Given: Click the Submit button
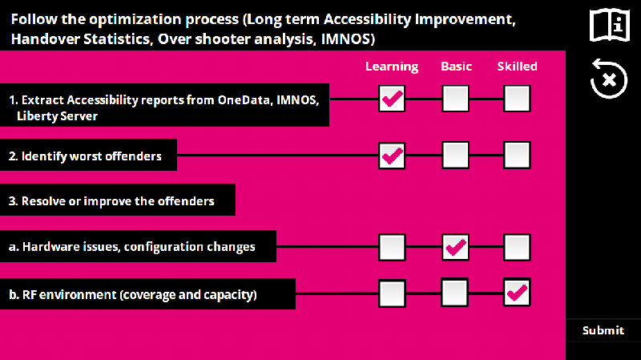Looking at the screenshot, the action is (x=603, y=330).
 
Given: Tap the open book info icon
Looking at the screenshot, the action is (x=610, y=26).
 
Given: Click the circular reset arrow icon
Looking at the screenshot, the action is (x=609, y=79).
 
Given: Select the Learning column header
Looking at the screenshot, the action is (x=392, y=67).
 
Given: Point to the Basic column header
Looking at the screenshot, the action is (x=456, y=67).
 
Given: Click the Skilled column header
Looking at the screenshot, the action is (x=517, y=67).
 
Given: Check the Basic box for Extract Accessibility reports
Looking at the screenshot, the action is (x=455, y=99).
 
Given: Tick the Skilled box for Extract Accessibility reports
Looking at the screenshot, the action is (x=517, y=99).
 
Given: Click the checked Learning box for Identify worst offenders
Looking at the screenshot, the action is (x=392, y=156).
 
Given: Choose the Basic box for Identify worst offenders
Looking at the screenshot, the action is (x=455, y=155).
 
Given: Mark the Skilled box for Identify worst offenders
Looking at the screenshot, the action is (x=517, y=155).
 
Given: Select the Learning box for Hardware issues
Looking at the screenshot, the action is (x=392, y=247).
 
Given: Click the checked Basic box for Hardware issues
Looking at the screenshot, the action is (x=455, y=247).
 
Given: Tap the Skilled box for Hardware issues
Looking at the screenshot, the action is (x=517, y=247).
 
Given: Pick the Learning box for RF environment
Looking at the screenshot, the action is (x=392, y=293).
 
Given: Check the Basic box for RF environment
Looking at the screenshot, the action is (x=454, y=293).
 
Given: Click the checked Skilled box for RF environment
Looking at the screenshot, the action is (x=517, y=293).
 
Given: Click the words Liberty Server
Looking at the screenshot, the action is (x=57, y=116).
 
